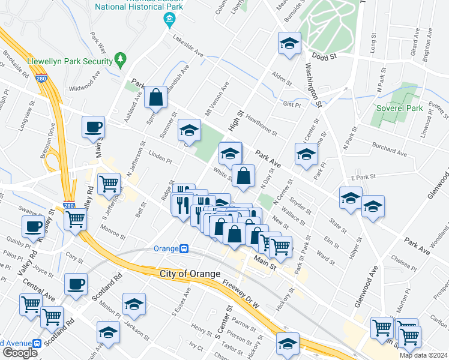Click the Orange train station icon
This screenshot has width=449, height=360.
pyautogui.click(x=185, y=248)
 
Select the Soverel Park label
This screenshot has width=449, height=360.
pyautogui.click(x=399, y=108)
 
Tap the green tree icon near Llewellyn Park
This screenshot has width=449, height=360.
pyautogui.click(x=122, y=59)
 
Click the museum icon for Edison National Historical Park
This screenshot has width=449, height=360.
pyautogui.click(x=170, y=21)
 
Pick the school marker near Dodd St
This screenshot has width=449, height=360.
pyautogui.click(x=289, y=44)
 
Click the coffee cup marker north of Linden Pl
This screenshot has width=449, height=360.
pyautogui.click(x=94, y=128)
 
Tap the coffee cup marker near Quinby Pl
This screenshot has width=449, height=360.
pyautogui.click(x=32, y=227)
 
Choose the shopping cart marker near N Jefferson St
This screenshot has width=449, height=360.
pyautogui.click(x=109, y=183)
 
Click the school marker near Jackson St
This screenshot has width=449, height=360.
pyautogui.click(x=134, y=304)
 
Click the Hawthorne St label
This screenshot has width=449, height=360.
pyautogui.click(x=259, y=125)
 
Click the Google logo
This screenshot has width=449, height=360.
pyautogui.click(x=20, y=353)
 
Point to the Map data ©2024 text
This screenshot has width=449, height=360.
pyautogui.click(x=423, y=355)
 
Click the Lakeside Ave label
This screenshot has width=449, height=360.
pyautogui.click(x=188, y=49)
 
